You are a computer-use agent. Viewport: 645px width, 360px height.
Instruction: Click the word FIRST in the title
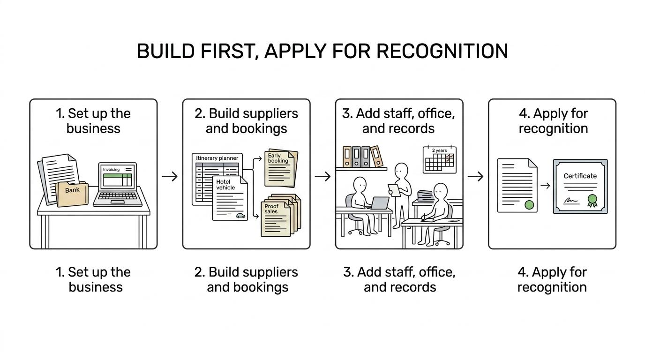tap(228, 51)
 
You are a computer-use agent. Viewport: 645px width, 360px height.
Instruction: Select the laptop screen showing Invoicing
tap(118, 176)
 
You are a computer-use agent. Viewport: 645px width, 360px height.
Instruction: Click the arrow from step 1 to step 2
tap(170, 176)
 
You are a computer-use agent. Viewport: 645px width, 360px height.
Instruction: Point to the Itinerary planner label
tap(217, 158)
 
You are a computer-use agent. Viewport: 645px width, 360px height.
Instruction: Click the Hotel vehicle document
tap(230, 198)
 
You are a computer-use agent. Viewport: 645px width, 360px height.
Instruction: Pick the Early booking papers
tap(281, 168)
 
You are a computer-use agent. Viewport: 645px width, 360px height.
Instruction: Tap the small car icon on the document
tap(241, 216)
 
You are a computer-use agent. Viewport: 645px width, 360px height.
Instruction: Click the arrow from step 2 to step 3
tap(322, 176)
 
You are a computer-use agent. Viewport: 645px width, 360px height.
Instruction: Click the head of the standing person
tap(401, 171)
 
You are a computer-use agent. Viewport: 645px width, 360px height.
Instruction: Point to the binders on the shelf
tap(363, 157)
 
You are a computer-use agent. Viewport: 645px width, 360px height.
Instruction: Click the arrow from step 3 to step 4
tap(475, 176)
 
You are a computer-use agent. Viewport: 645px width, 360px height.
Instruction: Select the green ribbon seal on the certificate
tap(592, 201)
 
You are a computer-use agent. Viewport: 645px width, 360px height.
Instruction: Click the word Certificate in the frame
tap(580, 176)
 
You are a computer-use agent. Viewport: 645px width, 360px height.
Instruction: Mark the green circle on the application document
tap(529, 205)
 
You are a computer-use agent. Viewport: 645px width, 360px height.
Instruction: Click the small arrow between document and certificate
tap(545, 186)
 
